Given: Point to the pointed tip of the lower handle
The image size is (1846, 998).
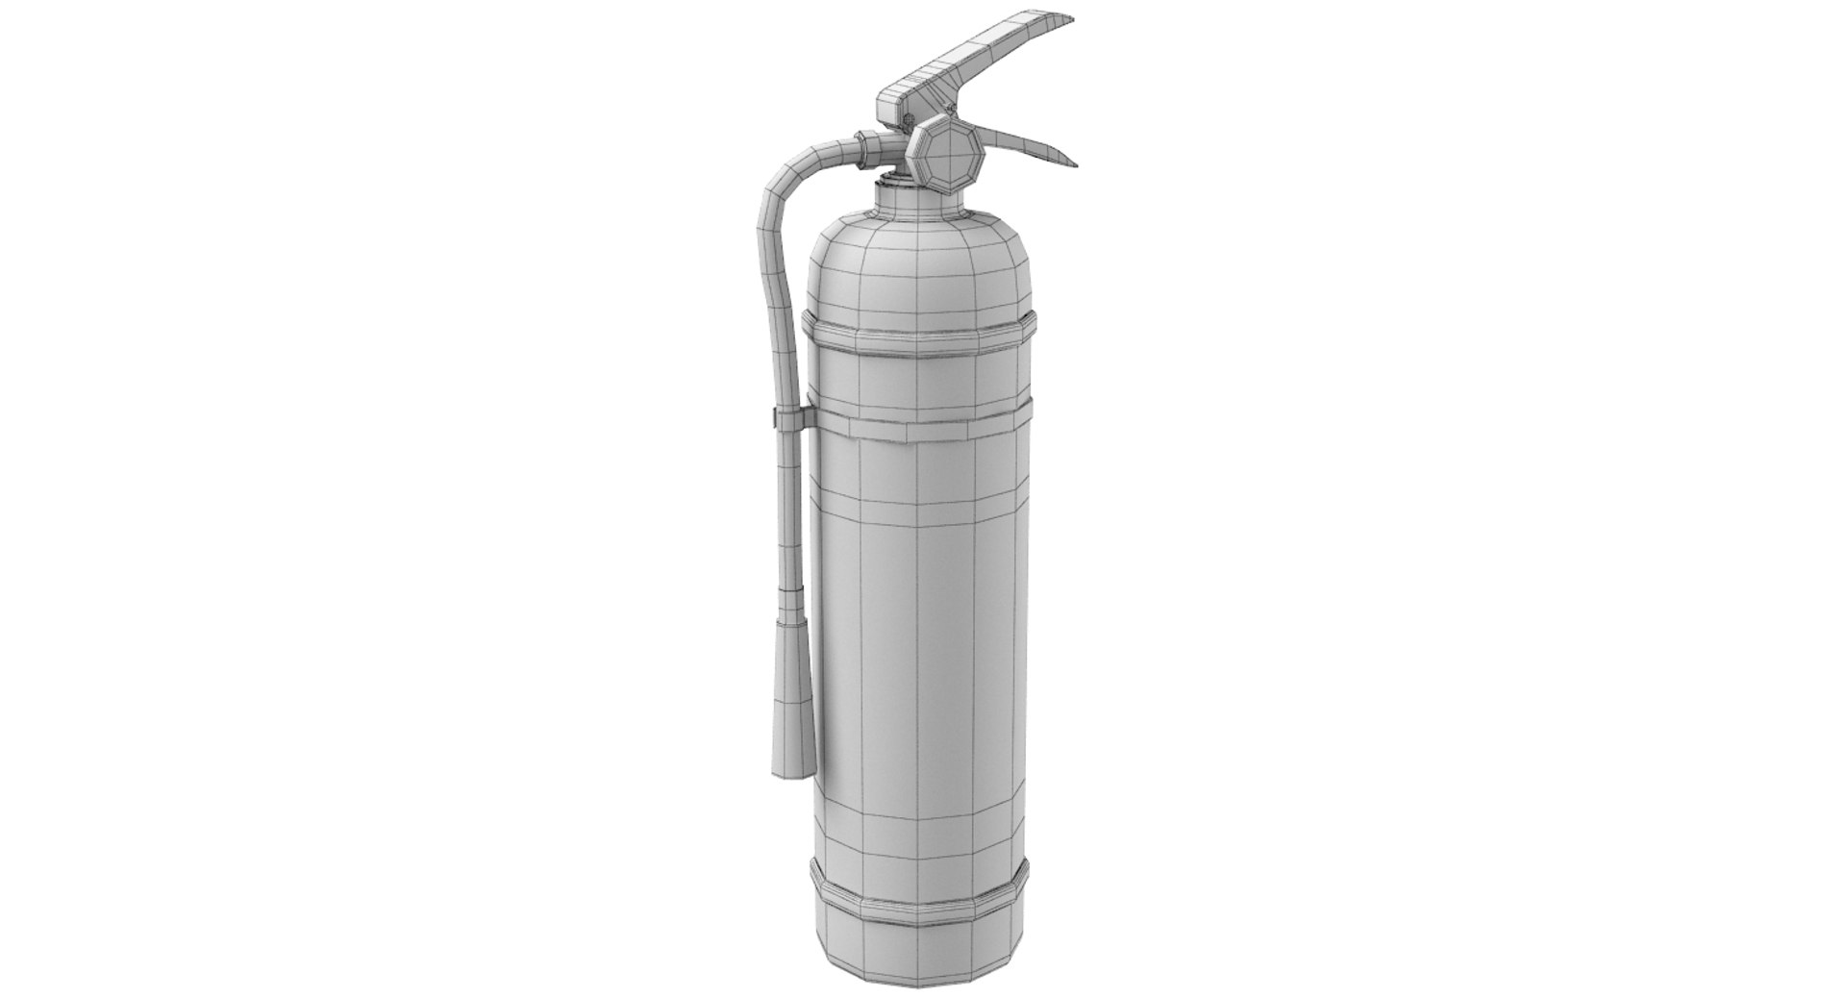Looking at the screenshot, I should pyautogui.click(x=1071, y=162).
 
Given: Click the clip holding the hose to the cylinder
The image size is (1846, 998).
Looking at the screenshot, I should pyautogui.click(x=788, y=419).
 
